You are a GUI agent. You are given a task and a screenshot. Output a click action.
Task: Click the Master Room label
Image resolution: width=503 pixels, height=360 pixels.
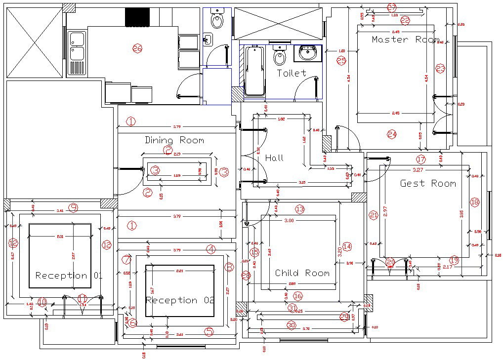[x=405, y=40]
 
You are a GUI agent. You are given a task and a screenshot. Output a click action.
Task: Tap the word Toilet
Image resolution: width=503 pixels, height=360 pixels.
[x=291, y=73]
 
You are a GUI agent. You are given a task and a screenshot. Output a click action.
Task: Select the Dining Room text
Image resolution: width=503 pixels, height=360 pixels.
[x=174, y=140]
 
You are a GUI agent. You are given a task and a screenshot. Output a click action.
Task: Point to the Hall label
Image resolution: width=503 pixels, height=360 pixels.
[x=274, y=158]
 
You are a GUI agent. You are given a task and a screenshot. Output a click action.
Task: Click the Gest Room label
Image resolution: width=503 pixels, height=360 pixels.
[x=427, y=183]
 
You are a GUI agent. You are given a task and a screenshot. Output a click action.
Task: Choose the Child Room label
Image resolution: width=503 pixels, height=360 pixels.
[x=302, y=273]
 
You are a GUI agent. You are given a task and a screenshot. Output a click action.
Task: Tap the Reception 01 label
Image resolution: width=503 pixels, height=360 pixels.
[x=69, y=276]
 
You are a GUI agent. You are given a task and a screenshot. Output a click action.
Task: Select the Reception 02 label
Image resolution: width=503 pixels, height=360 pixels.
[x=180, y=300]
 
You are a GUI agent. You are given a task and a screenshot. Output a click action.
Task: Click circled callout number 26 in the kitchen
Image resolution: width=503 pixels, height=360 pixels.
[x=137, y=48]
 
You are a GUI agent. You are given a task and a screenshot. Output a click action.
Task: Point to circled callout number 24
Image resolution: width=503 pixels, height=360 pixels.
[x=392, y=134]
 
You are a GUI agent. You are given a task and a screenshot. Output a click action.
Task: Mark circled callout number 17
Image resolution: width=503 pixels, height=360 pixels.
[x=420, y=160]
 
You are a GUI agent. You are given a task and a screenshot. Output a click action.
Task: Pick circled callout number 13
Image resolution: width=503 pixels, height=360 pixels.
[x=299, y=209]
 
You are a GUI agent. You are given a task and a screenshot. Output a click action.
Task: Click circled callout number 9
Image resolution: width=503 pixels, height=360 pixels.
[x=73, y=208]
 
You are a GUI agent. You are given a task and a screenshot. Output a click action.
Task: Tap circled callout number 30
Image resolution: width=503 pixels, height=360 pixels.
[x=291, y=325]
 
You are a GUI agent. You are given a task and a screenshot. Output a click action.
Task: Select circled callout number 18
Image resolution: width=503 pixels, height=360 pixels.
[x=474, y=202]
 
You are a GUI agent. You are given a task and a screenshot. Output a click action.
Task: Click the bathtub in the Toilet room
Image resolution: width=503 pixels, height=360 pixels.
[x=254, y=71]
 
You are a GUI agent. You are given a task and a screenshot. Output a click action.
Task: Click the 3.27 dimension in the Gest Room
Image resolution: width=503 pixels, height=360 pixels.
[x=418, y=170]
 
